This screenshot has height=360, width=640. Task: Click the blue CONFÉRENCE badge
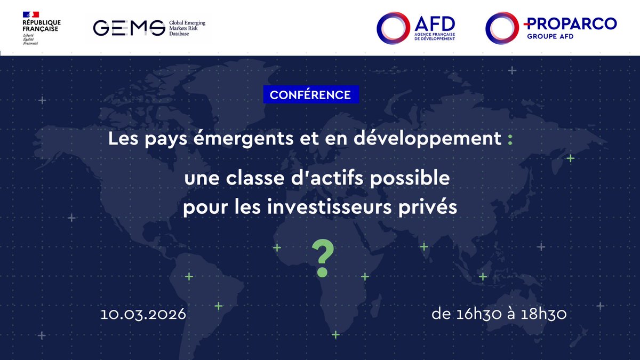[310, 95]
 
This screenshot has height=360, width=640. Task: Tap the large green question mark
[321, 258]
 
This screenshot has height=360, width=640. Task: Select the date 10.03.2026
[143, 314]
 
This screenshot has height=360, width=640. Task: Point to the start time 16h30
[479, 314]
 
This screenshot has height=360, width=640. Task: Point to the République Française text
[42, 26]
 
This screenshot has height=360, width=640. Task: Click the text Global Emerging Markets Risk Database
[187, 28]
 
